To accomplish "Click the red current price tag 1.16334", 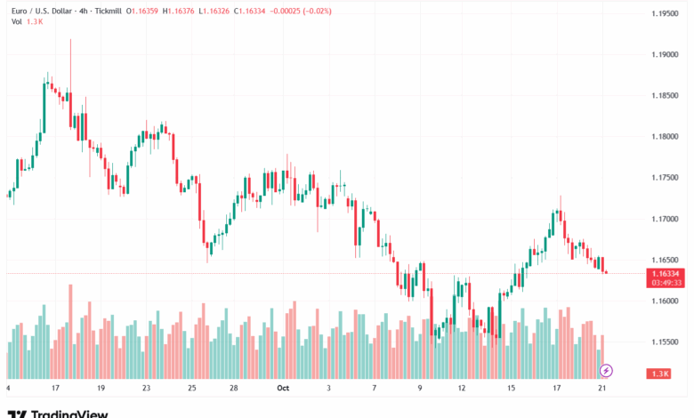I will [x=666, y=273].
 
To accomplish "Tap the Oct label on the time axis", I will [x=283, y=389].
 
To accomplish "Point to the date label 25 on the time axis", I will [x=192, y=389].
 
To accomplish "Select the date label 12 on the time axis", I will [x=462, y=389].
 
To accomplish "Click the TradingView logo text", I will [x=69, y=413].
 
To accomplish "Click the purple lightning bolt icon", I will [x=606, y=370].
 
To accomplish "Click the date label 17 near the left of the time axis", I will [x=55, y=389].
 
